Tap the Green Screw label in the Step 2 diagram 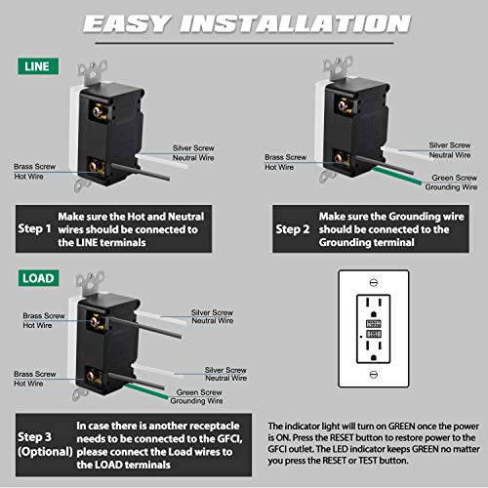click(x=455, y=178)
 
